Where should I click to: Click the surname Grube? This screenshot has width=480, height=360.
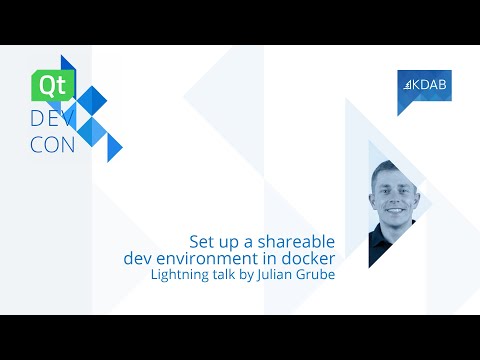[312, 275]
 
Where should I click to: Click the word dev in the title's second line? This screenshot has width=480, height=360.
[137, 259]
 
